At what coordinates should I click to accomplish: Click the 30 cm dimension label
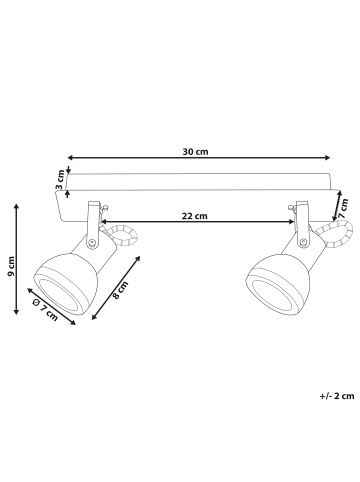tap(195, 152)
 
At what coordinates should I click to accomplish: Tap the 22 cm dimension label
tap(194, 216)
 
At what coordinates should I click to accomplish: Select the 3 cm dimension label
tap(60, 180)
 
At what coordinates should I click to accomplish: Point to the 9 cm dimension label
tap(11, 266)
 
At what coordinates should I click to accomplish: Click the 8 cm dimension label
tap(120, 290)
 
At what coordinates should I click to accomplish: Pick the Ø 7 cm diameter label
tap(45, 310)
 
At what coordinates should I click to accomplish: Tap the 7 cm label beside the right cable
tap(343, 208)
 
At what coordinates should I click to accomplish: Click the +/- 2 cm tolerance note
tap(337, 396)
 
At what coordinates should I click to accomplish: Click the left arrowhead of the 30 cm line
tap(70, 157)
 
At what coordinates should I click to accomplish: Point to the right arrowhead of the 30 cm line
tap(327, 157)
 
